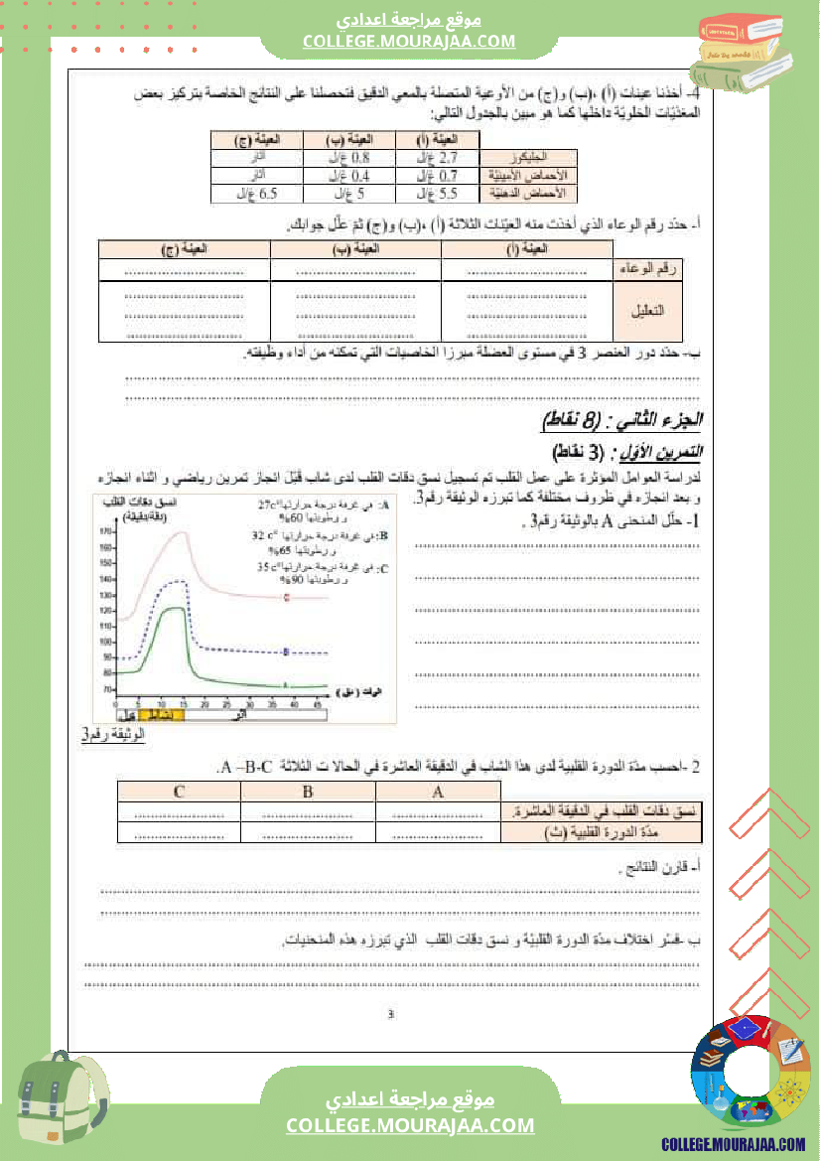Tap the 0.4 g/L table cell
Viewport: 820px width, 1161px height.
click(x=349, y=175)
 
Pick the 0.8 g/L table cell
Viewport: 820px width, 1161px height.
click(x=349, y=157)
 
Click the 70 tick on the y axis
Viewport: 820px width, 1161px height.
click(x=106, y=689)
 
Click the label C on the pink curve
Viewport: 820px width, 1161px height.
click(x=286, y=598)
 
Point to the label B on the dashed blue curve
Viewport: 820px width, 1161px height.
click(x=286, y=653)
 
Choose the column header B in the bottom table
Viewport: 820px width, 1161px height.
click(x=307, y=792)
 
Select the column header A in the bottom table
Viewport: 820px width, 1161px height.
click(x=437, y=792)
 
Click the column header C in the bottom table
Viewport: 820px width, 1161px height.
click(x=179, y=792)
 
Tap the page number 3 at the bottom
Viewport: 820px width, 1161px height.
click(x=391, y=1014)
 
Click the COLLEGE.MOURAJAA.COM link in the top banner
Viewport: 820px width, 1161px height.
click(x=409, y=41)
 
